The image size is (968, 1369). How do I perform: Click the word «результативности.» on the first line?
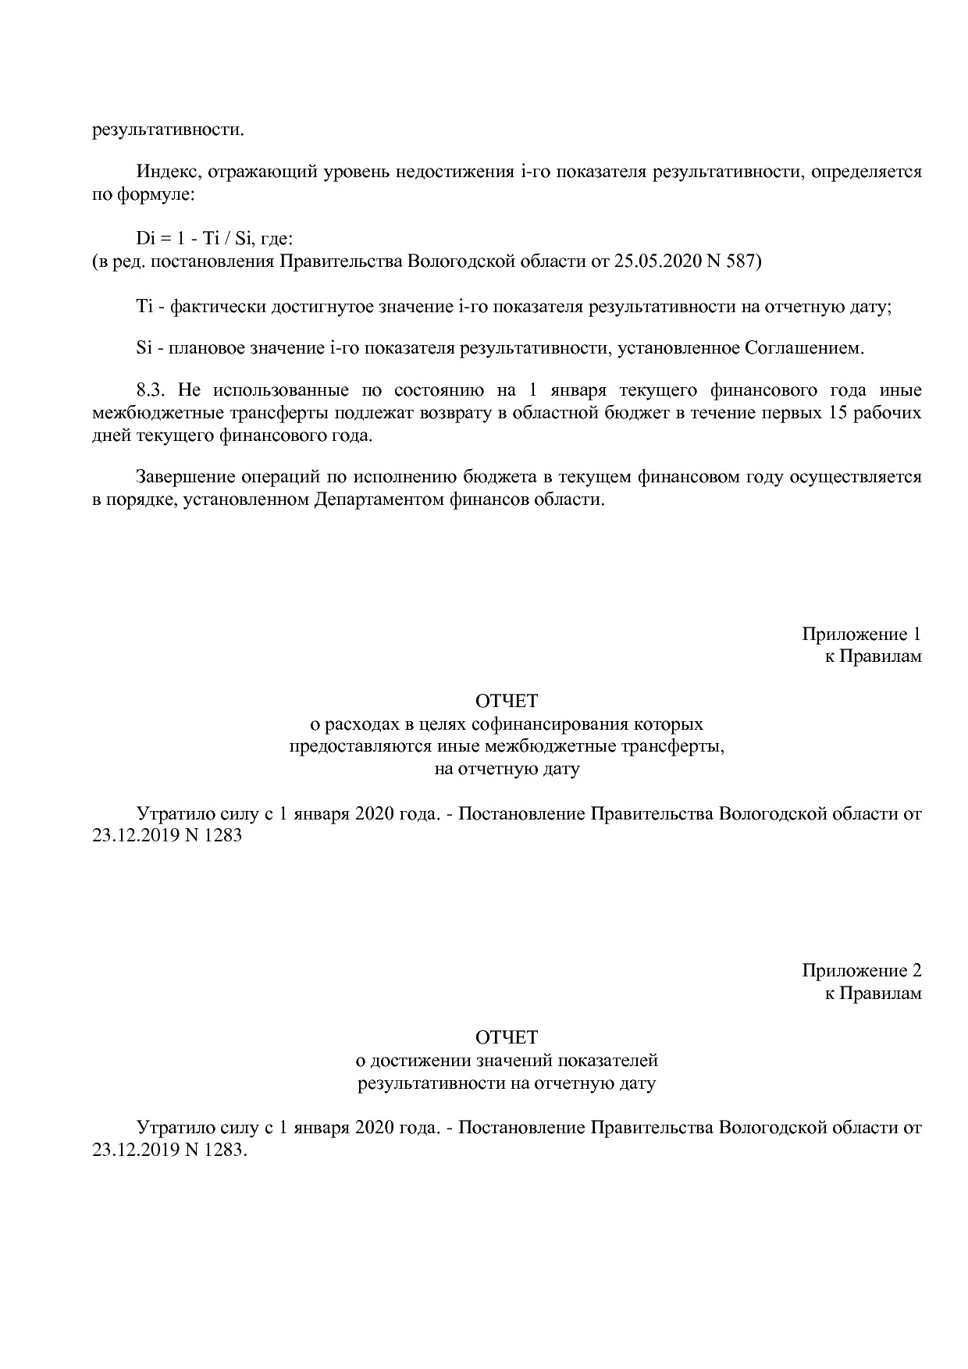click(168, 129)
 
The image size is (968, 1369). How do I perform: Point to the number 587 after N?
click(742, 261)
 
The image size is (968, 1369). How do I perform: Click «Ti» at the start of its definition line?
click(144, 307)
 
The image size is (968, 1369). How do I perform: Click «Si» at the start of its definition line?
click(144, 347)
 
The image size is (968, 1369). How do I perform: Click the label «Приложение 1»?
click(861, 634)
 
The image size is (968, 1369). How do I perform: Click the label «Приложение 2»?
click(861, 971)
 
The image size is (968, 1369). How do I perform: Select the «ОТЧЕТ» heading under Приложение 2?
click(507, 1037)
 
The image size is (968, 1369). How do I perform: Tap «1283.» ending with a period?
click(226, 1150)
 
